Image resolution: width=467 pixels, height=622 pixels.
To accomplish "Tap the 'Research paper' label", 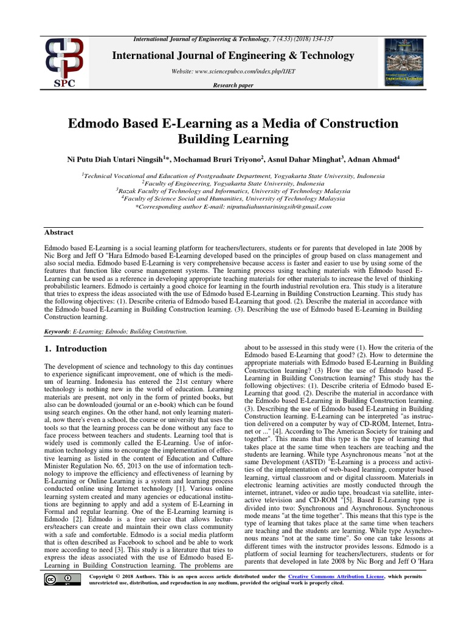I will (233, 86).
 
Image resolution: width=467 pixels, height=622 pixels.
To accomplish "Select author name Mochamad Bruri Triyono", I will (218, 159).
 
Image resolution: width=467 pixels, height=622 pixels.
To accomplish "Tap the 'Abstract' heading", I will (59, 232).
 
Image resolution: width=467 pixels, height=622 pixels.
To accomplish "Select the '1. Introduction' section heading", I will (76, 349).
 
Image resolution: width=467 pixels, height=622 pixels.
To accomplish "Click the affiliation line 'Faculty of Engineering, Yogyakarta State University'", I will (233, 183).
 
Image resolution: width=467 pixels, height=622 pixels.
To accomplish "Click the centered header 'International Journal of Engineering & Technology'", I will (233, 56).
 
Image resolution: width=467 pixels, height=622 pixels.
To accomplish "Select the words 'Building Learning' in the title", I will (233, 139).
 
